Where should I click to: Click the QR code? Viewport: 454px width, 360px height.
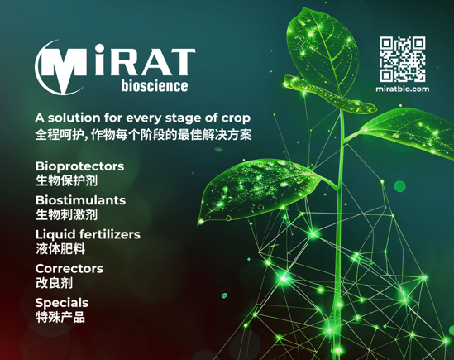tap(402, 59)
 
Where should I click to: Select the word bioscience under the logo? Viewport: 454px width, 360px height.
tap(153, 85)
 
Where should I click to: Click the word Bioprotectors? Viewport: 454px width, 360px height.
tap(79, 166)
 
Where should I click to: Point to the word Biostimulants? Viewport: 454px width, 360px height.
tap(80, 200)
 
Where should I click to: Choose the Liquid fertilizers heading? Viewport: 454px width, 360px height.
tap(88, 234)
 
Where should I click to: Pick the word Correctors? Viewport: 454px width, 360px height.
tap(69, 268)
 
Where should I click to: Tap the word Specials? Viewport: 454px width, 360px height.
tap(61, 302)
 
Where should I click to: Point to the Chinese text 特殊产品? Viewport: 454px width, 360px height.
tap(60, 316)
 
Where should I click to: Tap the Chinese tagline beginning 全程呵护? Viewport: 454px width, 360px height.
tap(142, 132)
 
